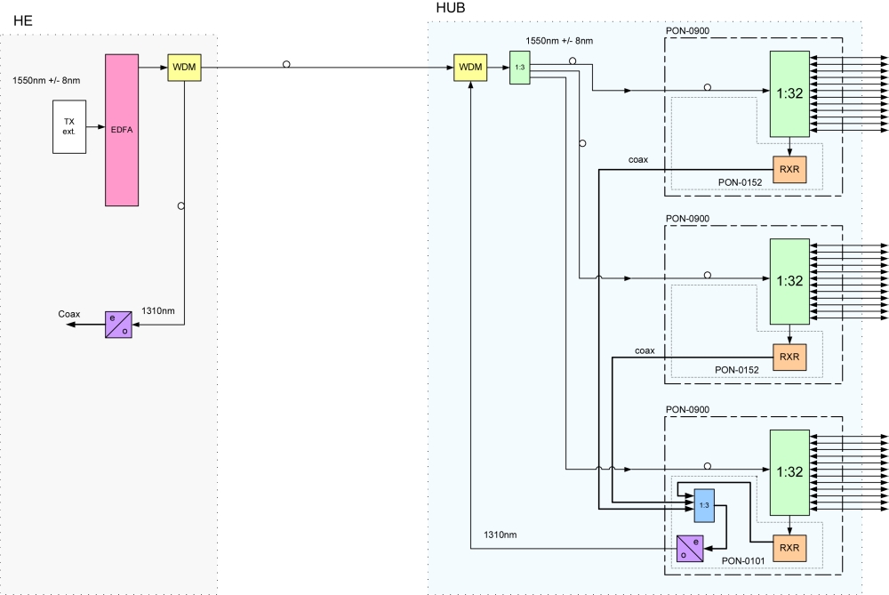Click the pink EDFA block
click(x=122, y=130)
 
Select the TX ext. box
click(x=69, y=126)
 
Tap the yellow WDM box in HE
click(x=184, y=68)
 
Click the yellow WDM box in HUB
click(x=470, y=68)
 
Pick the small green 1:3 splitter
click(x=520, y=68)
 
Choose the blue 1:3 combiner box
click(x=704, y=505)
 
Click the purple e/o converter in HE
click(x=118, y=325)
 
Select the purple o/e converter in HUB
click(x=690, y=549)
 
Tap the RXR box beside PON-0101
click(x=789, y=548)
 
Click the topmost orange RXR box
click(x=789, y=170)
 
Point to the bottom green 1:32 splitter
click(x=789, y=472)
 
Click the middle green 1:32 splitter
click(x=789, y=281)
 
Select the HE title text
click(x=23, y=21)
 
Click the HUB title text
click(x=451, y=8)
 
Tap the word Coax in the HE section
click(x=69, y=314)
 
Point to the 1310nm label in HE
click(x=158, y=310)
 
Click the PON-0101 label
click(x=743, y=561)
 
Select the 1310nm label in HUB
click(x=500, y=535)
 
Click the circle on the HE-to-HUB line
click(x=286, y=65)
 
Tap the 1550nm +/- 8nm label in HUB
click(x=559, y=41)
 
